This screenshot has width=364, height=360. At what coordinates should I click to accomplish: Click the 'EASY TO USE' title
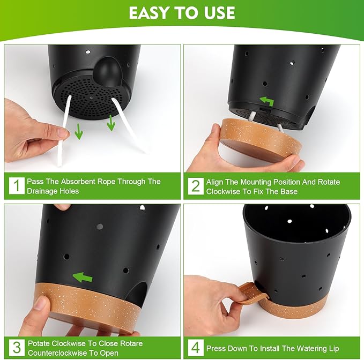pos(182,13)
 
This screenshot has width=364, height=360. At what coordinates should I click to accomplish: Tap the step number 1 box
pos(17,186)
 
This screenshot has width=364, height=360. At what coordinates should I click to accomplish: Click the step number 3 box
pos(17,348)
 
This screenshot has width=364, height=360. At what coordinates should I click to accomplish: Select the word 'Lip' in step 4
pos(331,348)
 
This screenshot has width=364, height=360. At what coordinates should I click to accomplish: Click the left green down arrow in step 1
pos(79,131)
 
